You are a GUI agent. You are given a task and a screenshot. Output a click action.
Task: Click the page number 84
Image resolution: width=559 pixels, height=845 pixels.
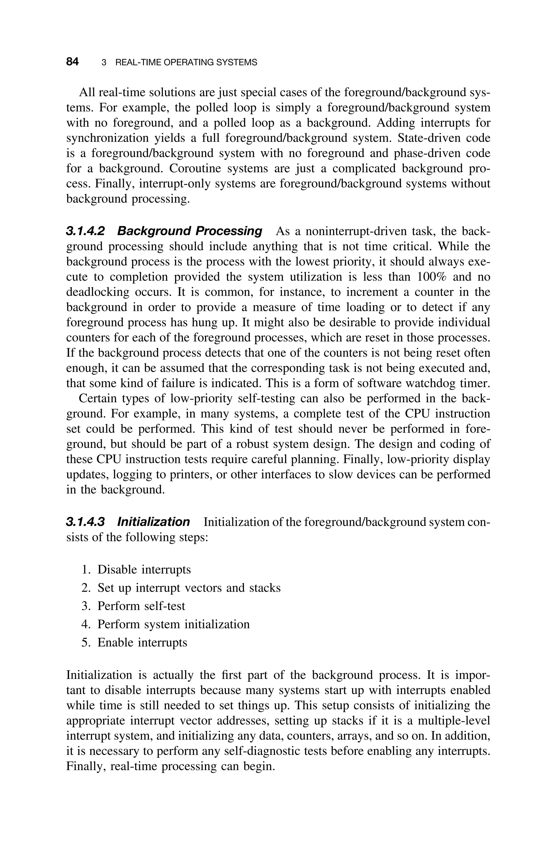coord(72,62)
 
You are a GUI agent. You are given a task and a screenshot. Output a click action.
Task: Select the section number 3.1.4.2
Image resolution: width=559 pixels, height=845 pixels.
coord(85,231)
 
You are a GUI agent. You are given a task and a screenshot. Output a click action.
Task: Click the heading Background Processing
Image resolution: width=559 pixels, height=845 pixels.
coord(190,231)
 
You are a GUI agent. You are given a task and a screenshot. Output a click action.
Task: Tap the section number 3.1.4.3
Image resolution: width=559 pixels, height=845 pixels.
coord(85,522)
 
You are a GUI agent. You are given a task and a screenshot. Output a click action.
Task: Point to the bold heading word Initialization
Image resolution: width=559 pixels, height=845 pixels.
coord(153,522)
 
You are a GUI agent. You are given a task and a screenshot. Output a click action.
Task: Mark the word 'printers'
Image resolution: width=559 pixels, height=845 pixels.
coord(192,475)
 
